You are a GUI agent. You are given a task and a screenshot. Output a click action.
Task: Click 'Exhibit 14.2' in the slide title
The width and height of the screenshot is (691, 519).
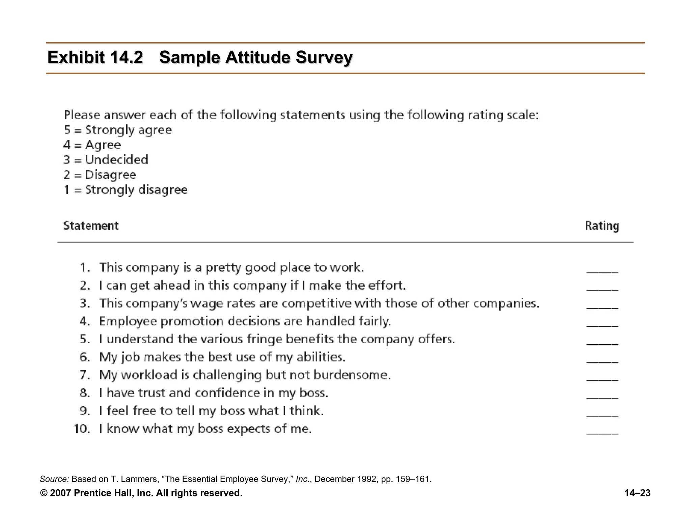(x=95, y=57)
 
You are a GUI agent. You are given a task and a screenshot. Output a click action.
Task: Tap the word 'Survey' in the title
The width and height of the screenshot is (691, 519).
(x=324, y=57)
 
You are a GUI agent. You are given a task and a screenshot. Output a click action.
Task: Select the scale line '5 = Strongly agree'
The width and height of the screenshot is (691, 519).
(x=118, y=130)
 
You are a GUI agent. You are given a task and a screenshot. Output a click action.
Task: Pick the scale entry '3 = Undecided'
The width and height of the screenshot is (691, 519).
(x=106, y=160)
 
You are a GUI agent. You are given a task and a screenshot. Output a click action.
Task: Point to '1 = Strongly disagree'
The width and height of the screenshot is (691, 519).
(x=126, y=190)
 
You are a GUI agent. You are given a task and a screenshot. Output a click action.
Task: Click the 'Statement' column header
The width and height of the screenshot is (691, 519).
(x=91, y=226)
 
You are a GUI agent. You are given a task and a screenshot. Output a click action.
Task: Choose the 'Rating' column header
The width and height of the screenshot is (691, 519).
(x=602, y=226)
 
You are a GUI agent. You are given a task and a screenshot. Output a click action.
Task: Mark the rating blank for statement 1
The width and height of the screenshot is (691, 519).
(x=602, y=271)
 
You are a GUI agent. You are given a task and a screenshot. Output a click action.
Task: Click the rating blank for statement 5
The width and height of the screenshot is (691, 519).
(x=602, y=343)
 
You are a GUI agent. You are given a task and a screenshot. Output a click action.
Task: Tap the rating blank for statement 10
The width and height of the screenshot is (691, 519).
(x=602, y=432)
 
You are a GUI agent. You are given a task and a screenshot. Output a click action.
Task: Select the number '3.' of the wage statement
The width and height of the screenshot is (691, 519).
(x=85, y=303)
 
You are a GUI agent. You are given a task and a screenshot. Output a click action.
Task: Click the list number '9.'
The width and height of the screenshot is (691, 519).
(x=85, y=411)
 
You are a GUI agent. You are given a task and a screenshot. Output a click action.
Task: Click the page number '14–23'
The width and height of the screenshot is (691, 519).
(x=637, y=493)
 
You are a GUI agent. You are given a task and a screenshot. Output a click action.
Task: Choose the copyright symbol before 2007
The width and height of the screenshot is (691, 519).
(x=44, y=493)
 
